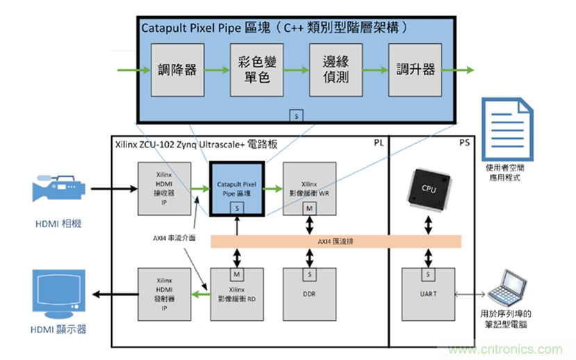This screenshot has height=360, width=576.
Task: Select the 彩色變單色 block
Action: pos(256,69)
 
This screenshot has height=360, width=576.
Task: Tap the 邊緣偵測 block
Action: pos(336,69)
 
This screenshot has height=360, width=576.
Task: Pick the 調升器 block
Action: pos(415,69)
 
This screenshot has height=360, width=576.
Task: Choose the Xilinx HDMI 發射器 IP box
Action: pos(165,295)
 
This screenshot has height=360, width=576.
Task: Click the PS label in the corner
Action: pos(465,142)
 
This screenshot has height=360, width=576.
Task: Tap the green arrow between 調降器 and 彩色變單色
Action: pos(217,69)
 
